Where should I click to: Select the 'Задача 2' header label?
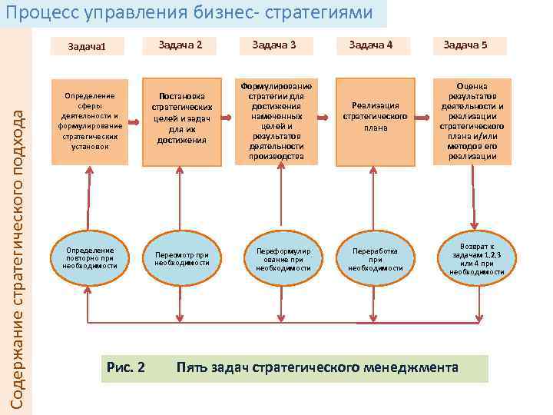pos(180,45)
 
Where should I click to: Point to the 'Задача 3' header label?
pos(274,45)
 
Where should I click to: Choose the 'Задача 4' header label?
pos(371,45)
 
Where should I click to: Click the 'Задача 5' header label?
pos(465,45)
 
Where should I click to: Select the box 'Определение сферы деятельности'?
pos(90,121)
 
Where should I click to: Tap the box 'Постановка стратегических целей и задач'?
pos(182,119)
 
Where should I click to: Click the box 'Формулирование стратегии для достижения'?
pos(276,121)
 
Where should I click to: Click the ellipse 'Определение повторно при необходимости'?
pos(90,257)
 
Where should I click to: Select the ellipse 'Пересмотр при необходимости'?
pos(182,257)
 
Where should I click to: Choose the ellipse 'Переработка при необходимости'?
pos(376,259)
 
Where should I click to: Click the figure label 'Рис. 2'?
pos(127,367)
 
